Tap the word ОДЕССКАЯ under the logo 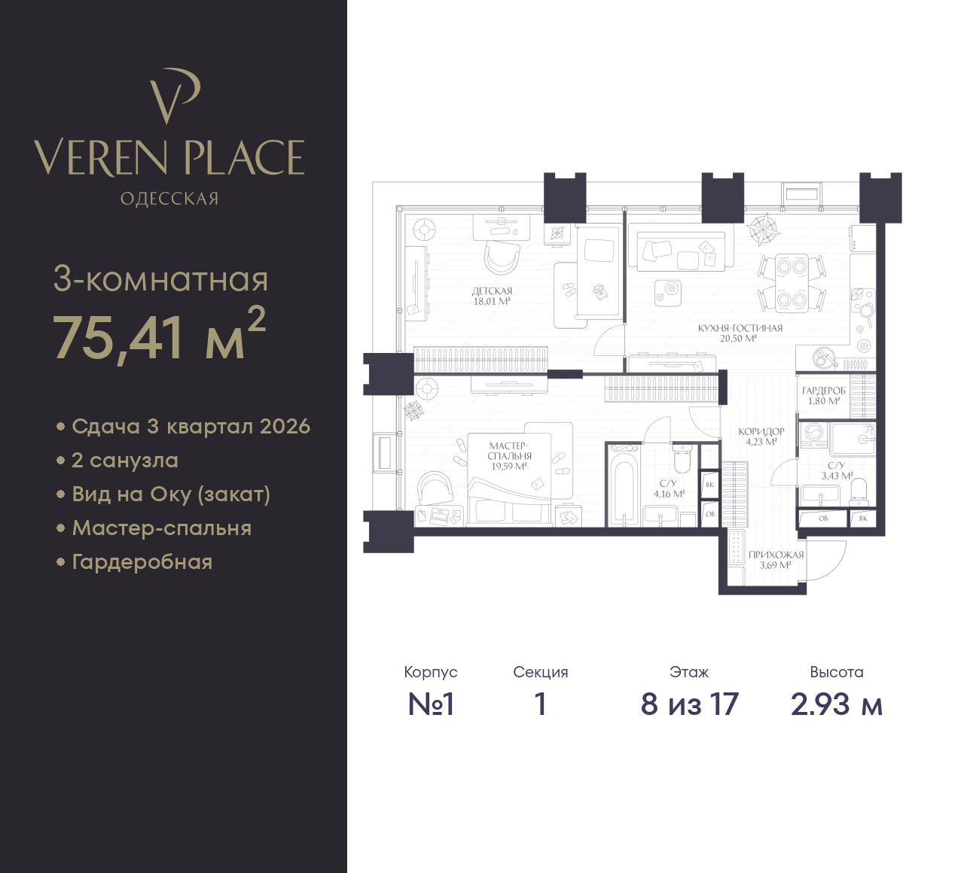169,199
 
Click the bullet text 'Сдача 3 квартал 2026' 191,427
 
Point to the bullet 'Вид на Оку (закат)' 171,494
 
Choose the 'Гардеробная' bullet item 142,562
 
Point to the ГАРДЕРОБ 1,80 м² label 824,396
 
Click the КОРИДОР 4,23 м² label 761,436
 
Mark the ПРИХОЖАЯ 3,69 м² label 776,560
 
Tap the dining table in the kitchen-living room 792,283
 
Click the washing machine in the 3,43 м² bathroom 813,435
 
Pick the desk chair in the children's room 502,257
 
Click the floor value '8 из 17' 690,704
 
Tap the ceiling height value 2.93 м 837,704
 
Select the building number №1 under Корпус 431,704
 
